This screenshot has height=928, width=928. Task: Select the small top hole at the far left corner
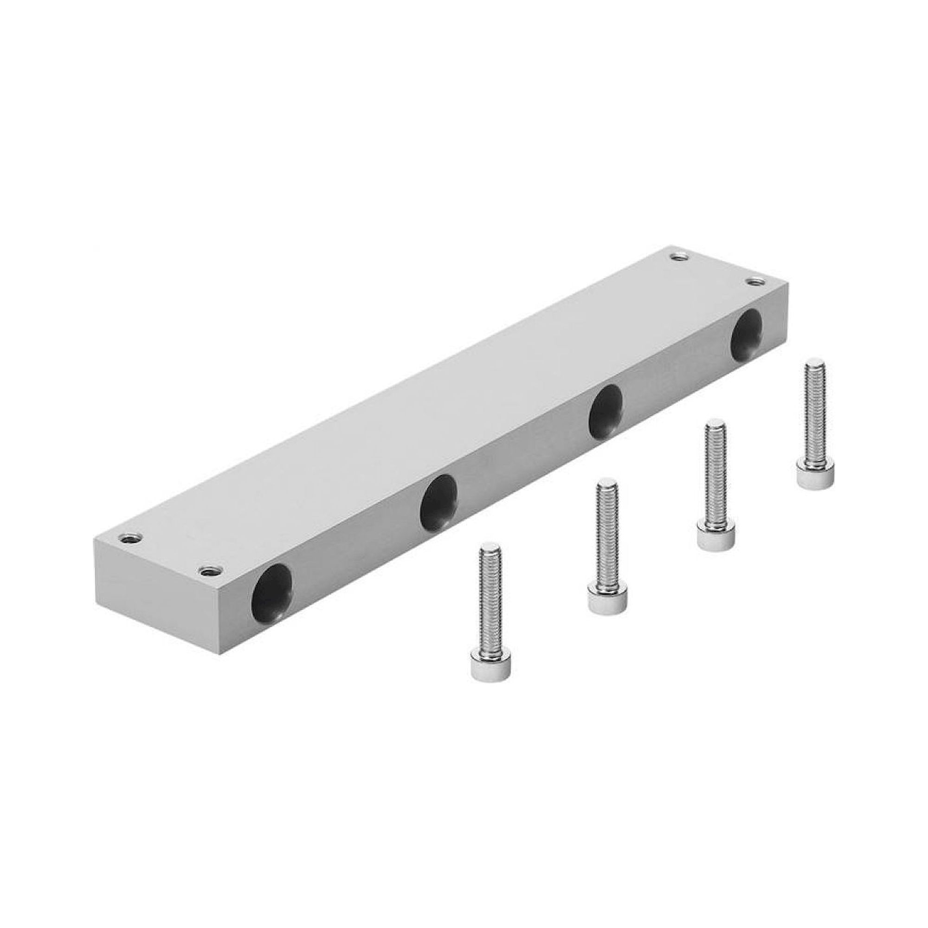click(130, 538)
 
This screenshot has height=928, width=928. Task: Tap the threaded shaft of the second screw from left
click(606, 533)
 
